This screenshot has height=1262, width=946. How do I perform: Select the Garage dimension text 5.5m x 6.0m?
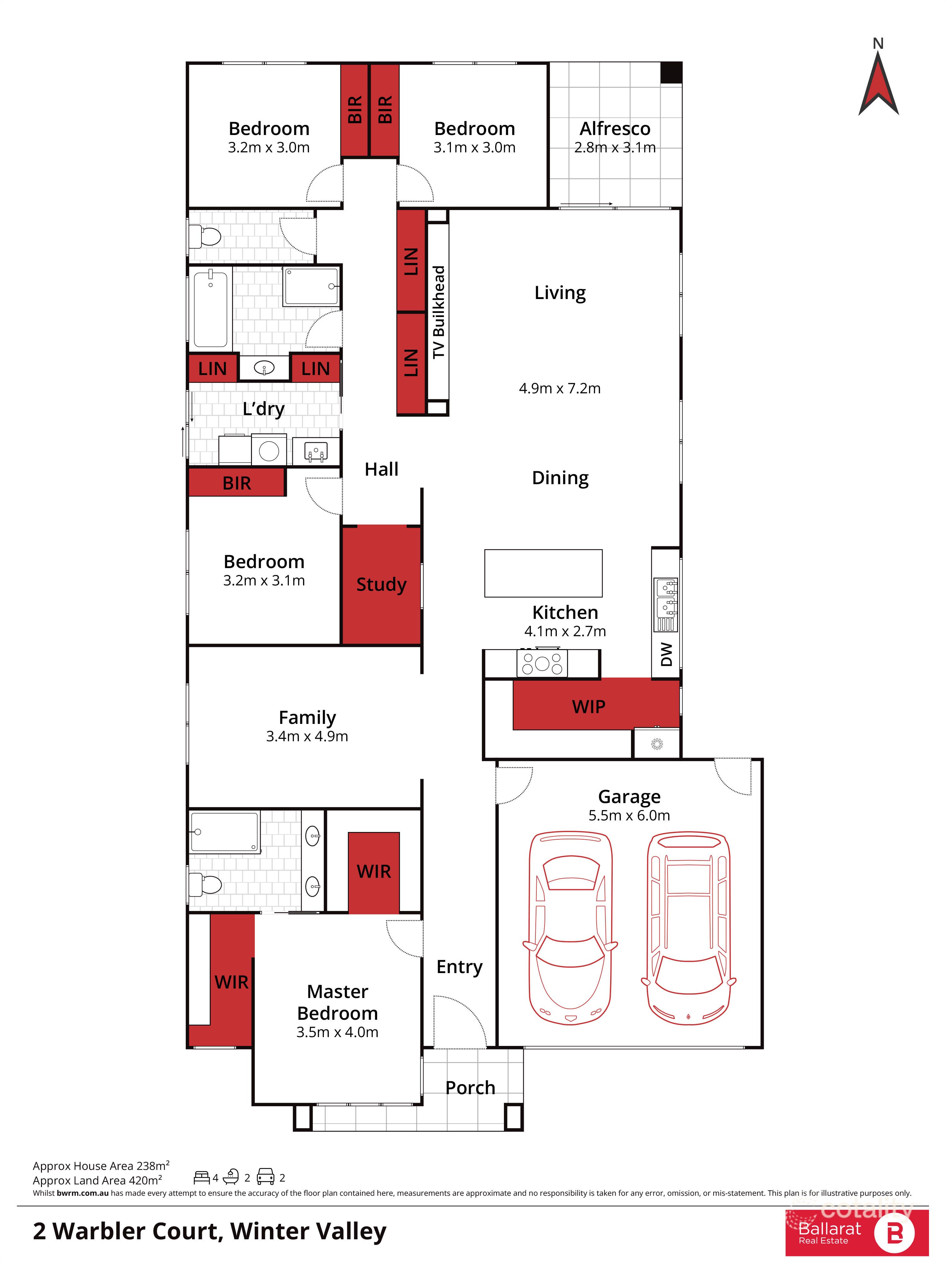coord(629,815)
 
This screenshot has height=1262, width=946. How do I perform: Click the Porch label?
coord(470,1088)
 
